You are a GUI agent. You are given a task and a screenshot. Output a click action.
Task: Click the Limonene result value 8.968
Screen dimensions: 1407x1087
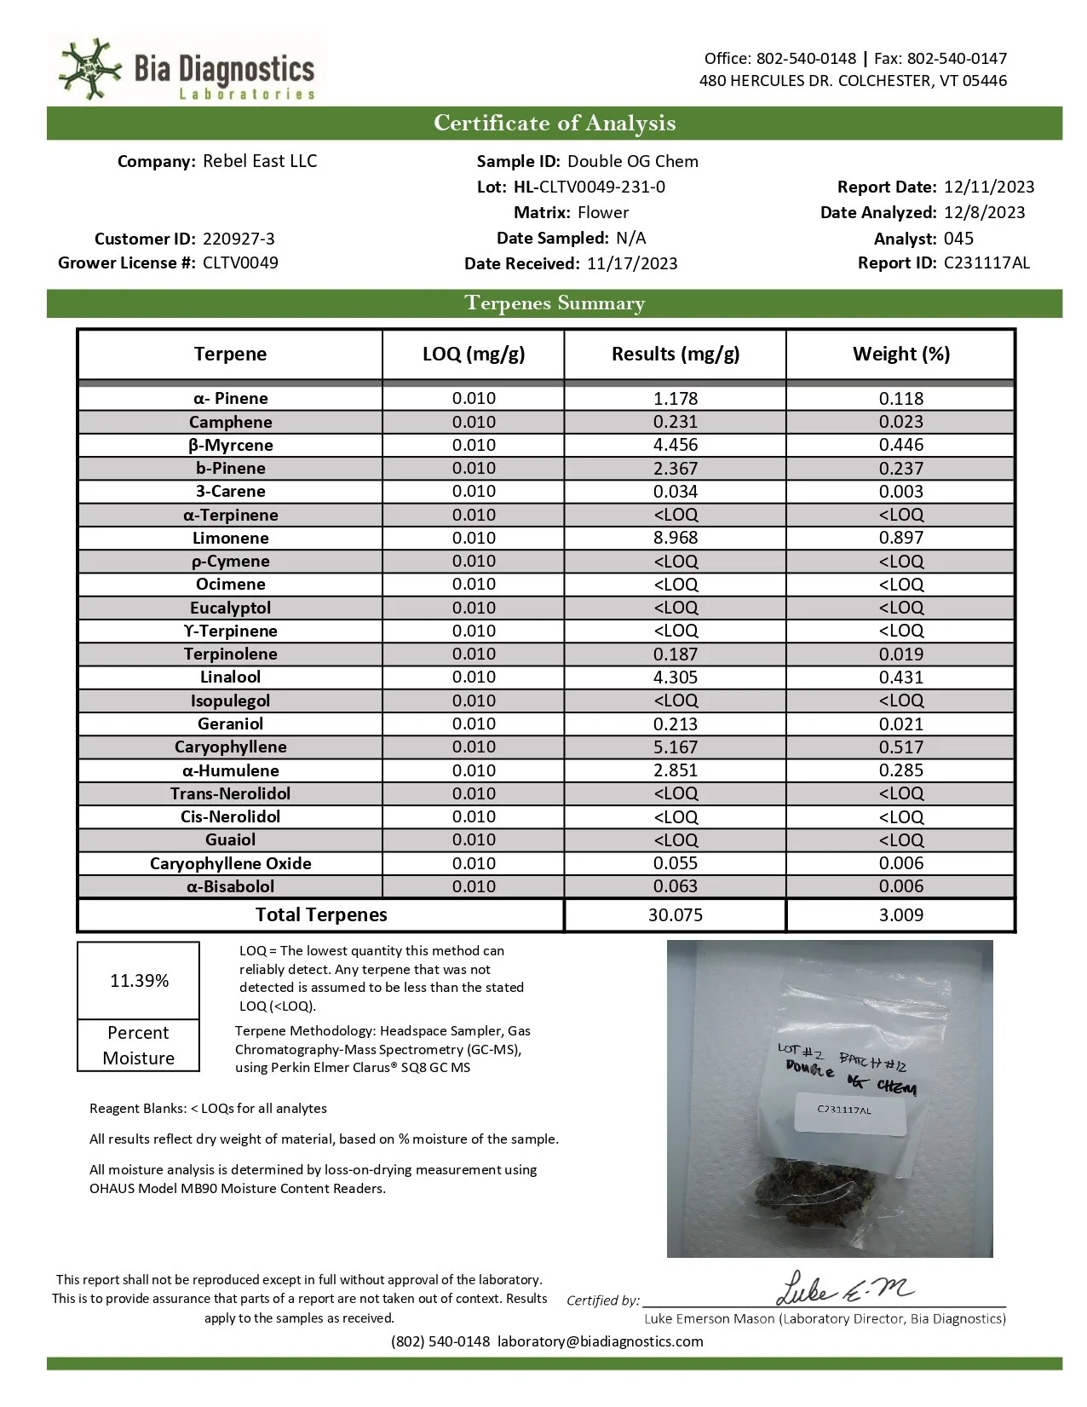[676, 538]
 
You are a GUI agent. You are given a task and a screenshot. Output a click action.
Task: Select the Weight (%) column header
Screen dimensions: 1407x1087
[900, 354]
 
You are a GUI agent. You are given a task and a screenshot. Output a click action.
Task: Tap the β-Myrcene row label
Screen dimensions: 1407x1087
[231, 445]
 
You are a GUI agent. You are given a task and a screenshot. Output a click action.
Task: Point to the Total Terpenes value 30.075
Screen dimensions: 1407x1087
[676, 915]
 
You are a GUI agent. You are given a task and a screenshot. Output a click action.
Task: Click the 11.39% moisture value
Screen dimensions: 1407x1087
[139, 981]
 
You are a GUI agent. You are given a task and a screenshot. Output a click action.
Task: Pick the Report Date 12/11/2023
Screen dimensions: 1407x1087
[989, 187]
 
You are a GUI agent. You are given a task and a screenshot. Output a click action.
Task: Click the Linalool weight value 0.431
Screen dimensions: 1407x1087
[900, 678]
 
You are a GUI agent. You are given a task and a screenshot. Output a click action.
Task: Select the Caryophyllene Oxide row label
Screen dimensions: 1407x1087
[231, 863]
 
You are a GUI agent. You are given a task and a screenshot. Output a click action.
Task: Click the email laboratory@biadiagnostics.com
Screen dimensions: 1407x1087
[601, 1341]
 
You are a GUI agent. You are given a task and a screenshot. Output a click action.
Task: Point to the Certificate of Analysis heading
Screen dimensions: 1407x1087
[555, 123]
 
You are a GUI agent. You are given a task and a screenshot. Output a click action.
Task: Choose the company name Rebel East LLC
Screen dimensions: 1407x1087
[260, 161]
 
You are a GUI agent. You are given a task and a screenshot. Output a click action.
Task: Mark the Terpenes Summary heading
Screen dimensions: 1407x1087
[555, 303]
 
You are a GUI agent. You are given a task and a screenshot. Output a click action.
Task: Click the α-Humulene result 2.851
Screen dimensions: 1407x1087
[676, 770]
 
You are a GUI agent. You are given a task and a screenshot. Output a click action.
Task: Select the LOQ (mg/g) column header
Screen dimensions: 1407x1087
[474, 354]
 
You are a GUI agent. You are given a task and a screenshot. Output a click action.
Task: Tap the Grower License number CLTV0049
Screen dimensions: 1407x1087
[240, 262]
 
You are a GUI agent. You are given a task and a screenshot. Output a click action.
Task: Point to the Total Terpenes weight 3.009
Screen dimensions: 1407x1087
[900, 915]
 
